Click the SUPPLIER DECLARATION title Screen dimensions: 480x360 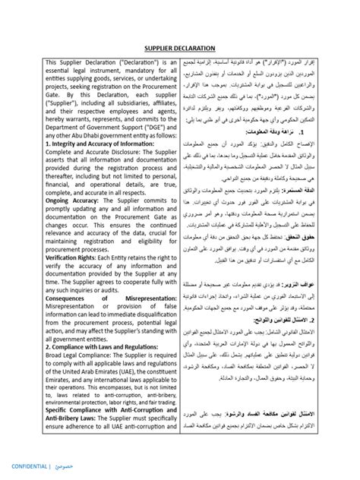pyautogui.click(x=181, y=46)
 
